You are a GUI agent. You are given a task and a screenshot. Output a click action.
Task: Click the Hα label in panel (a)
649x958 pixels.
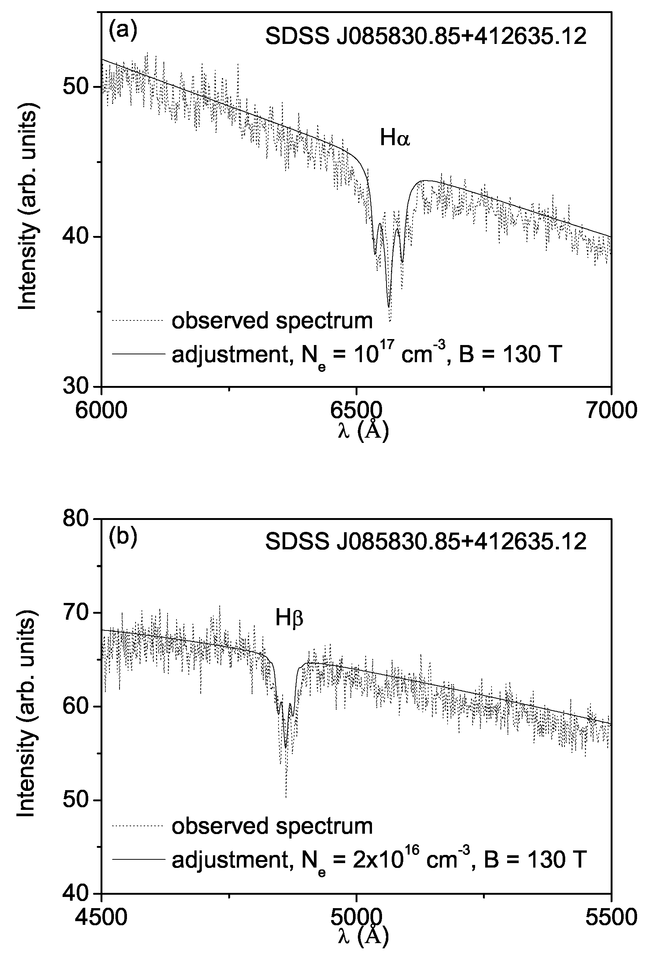pos(395,138)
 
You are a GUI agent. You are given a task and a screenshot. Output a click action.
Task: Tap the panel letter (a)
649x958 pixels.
pos(123,31)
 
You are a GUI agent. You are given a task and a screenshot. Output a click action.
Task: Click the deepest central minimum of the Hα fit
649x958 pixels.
pos(388,307)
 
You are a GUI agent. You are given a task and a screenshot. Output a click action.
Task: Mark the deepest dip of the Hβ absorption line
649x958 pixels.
pos(285,747)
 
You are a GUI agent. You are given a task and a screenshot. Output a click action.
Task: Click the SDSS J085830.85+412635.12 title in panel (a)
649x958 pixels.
pos(426,37)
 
